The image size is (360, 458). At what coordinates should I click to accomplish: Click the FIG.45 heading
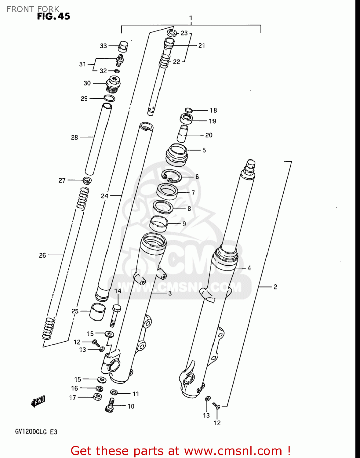(x=54, y=16)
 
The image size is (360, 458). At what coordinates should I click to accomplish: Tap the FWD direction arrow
(x=38, y=402)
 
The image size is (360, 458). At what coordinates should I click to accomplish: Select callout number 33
(x=103, y=46)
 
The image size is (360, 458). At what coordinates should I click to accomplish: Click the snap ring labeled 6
(x=172, y=176)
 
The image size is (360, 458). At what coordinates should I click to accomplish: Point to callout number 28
(x=75, y=137)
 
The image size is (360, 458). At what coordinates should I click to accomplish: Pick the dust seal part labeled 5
(x=176, y=154)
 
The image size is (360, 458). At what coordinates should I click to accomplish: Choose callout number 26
(x=42, y=255)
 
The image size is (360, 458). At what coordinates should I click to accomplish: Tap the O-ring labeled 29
(x=109, y=98)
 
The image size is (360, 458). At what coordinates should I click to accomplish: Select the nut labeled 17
(x=97, y=397)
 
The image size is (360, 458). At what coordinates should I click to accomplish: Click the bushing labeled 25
(x=97, y=312)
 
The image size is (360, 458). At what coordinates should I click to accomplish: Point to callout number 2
(x=275, y=287)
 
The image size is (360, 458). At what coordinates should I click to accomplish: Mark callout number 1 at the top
(x=191, y=18)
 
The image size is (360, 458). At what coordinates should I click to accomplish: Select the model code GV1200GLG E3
(x=36, y=432)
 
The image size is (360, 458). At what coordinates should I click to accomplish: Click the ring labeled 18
(x=188, y=110)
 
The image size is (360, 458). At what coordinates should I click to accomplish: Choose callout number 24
(x=104, y=196)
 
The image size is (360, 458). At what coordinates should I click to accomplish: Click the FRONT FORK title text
(x=33, y=9)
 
